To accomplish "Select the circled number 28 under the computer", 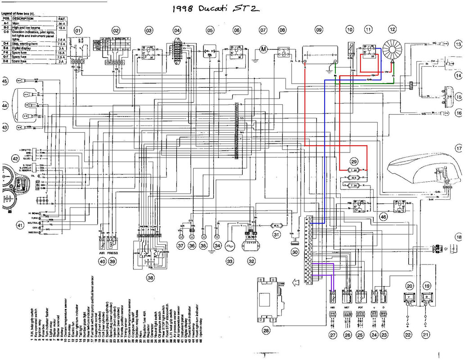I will (266, 331).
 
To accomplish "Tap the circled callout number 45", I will (5, 81).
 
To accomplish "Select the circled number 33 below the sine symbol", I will (230, 261).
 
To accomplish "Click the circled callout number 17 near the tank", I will (458, 148).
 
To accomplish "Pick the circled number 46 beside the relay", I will (383, 216).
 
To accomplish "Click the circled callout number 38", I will (148, 278).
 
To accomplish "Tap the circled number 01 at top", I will (79, 31).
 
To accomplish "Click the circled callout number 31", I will (276, 234).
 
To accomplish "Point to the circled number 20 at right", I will (409, 286).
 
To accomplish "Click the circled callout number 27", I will (333, 335).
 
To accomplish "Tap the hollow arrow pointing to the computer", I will (295, 283).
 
